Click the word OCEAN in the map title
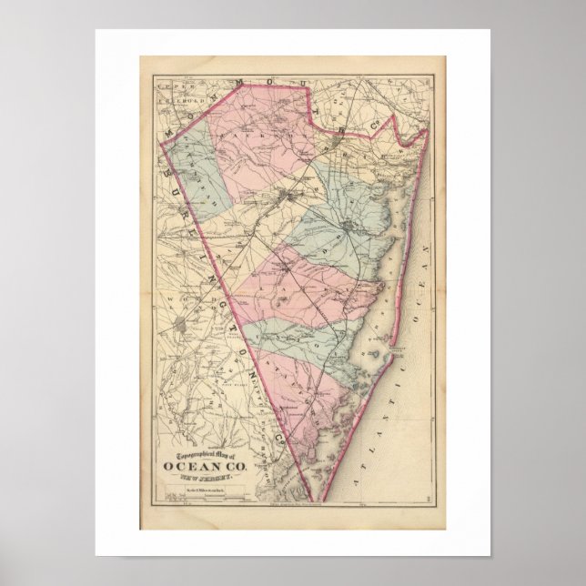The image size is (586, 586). pos(195,468)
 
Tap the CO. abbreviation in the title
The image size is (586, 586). pos(231,468)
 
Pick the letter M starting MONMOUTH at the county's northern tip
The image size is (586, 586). pos(170,131)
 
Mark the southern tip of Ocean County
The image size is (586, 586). pos(318,500)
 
